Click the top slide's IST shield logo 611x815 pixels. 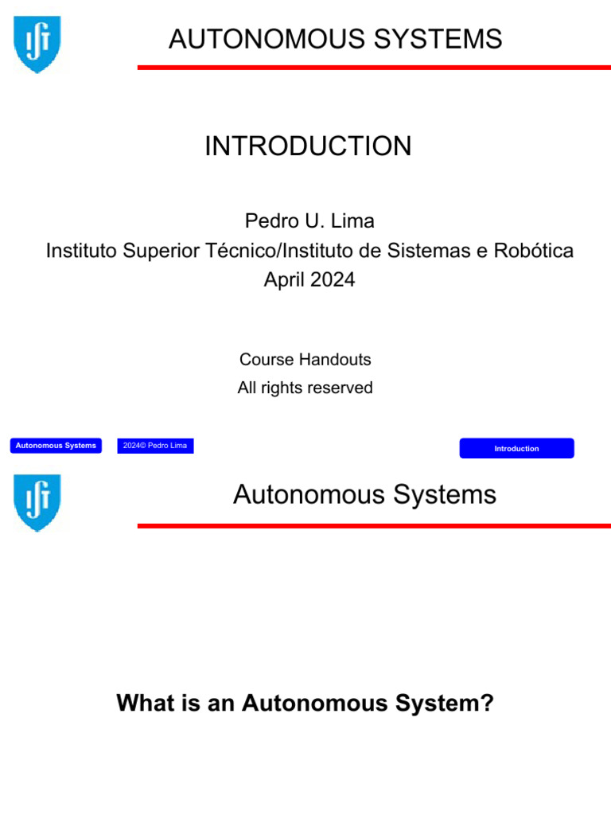click(37, 44)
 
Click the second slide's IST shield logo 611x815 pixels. click(37, 502)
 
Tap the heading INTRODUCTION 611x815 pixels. click(308, 146)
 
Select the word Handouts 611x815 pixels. click(336, 360)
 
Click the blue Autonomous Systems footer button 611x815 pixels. click(56, 446)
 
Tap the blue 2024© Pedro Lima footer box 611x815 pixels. click(155, 446)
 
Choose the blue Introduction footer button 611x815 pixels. click(516, 448)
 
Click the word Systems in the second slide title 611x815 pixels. click(438, 495)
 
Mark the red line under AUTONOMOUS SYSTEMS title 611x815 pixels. click(374, 68)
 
